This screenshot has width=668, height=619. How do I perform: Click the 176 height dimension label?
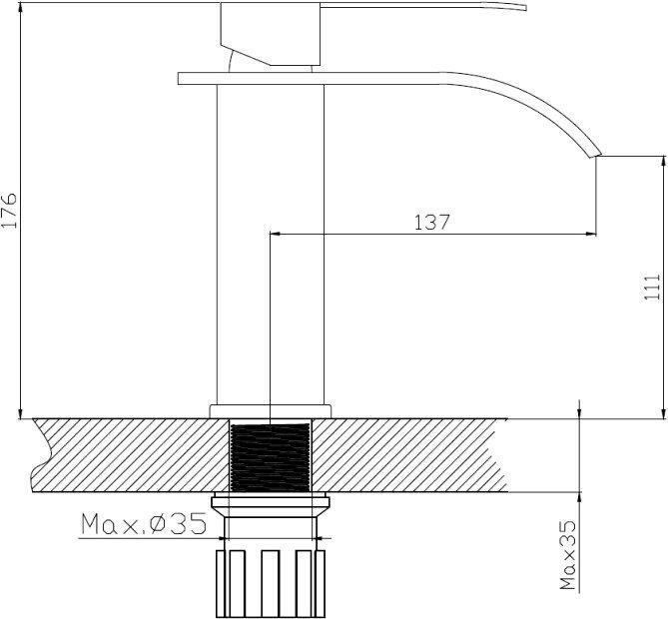pyautogui.click(x=9, y=210)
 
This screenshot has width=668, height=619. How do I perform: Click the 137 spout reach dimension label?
pyautogui.click(x=432, y=222)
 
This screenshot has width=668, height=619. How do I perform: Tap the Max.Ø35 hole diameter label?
pyautogui.click(x=144, y=524)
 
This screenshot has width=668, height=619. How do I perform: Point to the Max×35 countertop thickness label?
pyautogui.click(x=568, y=555)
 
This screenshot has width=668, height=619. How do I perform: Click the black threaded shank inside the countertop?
pyautogui.click(x=271, y=456)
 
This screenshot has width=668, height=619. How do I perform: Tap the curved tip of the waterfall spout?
pyautogui.click(x=596, y=155)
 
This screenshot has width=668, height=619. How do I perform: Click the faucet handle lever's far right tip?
pyautogui.click(x=526, y=8)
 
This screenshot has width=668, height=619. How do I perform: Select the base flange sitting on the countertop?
pyautogui.click(x=271, y=411)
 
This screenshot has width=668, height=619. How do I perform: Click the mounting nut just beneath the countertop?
pyautogui.click(x=271, y=504)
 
